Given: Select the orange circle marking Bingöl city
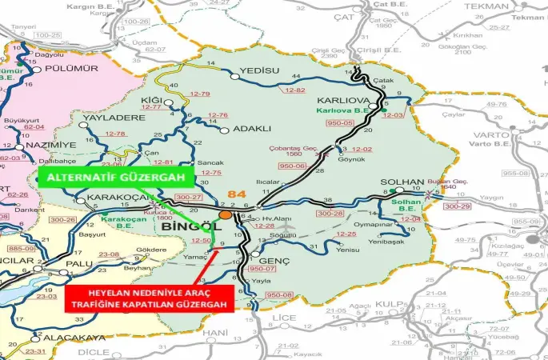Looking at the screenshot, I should click(x=226, y=214).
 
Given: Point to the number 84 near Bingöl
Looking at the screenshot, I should click(x=238, y=194).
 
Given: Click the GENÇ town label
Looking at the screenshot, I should click(x=274, y=261).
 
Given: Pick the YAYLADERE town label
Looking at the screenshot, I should click(x=106, y=118).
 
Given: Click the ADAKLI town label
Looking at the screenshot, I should click(x=252, y=128).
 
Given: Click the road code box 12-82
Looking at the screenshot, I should click(x=294, y=90).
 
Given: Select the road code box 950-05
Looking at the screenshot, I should click(x=339, y=123).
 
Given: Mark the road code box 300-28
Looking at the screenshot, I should click(x=329, y=214).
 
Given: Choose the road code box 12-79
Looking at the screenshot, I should click(x=200, y=94).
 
